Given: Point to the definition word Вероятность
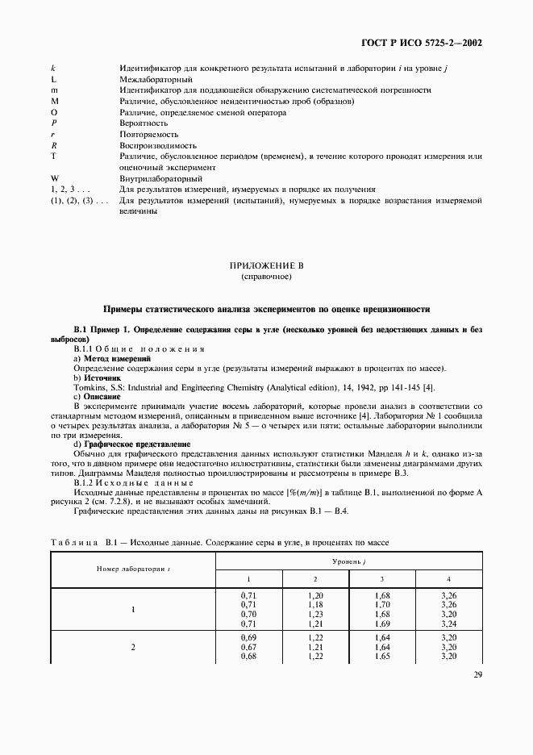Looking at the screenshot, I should [x=144, y=123].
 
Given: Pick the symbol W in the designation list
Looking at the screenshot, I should [x=55, y=177].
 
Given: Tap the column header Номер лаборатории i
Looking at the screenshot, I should [x=132, y=569].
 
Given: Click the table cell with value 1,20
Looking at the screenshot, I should [x=315, y=594].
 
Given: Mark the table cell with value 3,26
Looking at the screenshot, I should [x=449, y=594].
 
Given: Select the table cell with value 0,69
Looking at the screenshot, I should [x=248, y=637].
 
